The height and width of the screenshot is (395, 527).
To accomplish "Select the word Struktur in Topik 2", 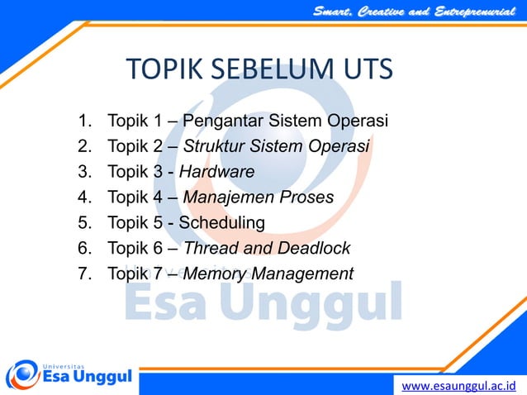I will pyautogui.click(x=212, y=147).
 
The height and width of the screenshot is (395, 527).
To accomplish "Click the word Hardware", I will pyautogui.click(x=216, y=172).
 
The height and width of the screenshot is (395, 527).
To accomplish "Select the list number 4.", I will pyautogui.click(x=83, y=197).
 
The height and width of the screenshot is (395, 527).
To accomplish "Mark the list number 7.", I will pyautogui.click(x=83, y=273).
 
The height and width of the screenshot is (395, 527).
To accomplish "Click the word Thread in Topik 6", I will pyautogui.click(x=208, y=247).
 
